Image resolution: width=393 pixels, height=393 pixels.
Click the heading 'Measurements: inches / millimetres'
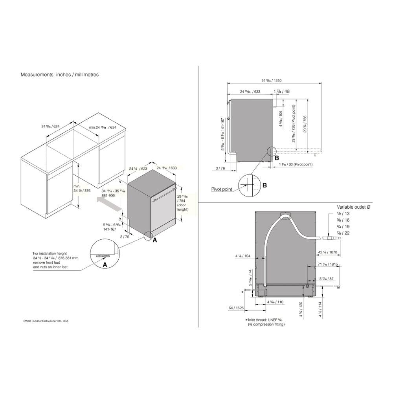59,74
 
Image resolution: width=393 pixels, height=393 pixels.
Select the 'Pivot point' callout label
222,189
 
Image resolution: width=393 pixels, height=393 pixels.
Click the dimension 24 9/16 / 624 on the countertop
50,127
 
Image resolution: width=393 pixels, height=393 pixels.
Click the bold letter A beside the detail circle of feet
105,265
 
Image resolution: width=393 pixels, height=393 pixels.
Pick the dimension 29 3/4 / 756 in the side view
305,125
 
